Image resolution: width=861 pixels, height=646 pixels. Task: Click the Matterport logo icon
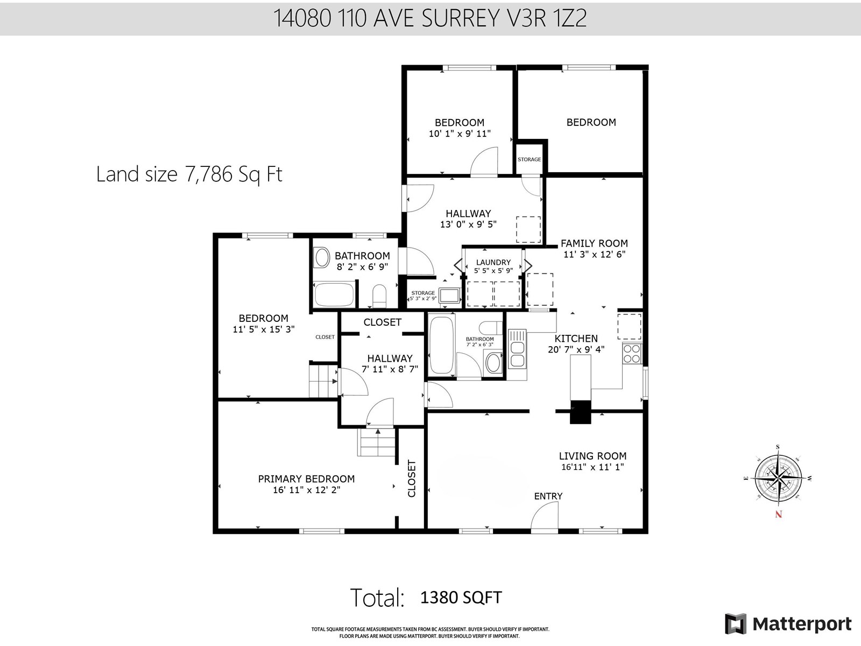point(736,624)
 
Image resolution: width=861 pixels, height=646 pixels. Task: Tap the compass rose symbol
point(778,478)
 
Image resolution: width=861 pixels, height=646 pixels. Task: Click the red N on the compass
point(778,514)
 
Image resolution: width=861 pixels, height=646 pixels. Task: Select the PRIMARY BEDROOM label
point(306,479)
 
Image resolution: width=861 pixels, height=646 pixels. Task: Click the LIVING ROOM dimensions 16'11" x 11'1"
point(592,467)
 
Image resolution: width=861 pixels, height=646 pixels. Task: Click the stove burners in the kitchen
point(632,353)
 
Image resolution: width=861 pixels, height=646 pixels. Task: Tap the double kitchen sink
point(517,355)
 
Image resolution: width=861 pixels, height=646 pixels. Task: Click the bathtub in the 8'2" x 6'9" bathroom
point(334,294)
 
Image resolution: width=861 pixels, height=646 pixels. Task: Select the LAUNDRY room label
point(493,262)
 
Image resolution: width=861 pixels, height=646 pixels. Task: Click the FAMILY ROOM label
point(594,243)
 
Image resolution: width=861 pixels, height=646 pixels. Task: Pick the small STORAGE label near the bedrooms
point(529,159)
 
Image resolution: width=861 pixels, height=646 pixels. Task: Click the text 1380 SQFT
point(461,598)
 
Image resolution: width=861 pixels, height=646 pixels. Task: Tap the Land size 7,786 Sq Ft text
point(189,174)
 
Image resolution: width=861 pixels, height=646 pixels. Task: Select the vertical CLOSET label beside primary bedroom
point(412,478)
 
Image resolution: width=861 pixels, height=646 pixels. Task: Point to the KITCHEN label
point(576,339)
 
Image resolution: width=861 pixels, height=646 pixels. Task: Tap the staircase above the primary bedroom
point(377,443)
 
